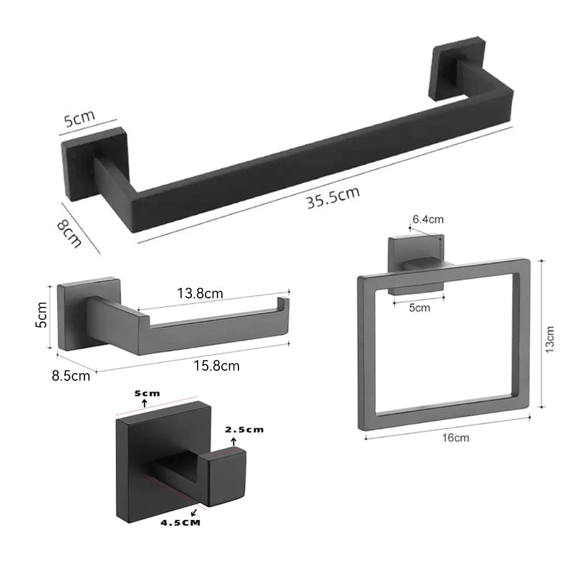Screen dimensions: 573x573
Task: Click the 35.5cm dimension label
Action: click(x=333, y=198)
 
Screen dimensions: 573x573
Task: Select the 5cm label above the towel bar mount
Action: click(x=80, y=117)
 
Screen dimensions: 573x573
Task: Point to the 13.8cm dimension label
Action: click(x=200, y=294)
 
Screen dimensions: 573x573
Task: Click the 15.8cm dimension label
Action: click(x=216, y=366)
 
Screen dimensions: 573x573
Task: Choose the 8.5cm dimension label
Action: click(x=71, y=375)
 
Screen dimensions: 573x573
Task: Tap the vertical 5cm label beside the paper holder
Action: click(x=42, y=314)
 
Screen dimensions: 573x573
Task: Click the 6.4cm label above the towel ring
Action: click(x=428, y=219)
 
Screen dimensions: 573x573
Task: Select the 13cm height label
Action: click(x=549, y=340)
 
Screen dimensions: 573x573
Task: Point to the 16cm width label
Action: click(x=456, y=438)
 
